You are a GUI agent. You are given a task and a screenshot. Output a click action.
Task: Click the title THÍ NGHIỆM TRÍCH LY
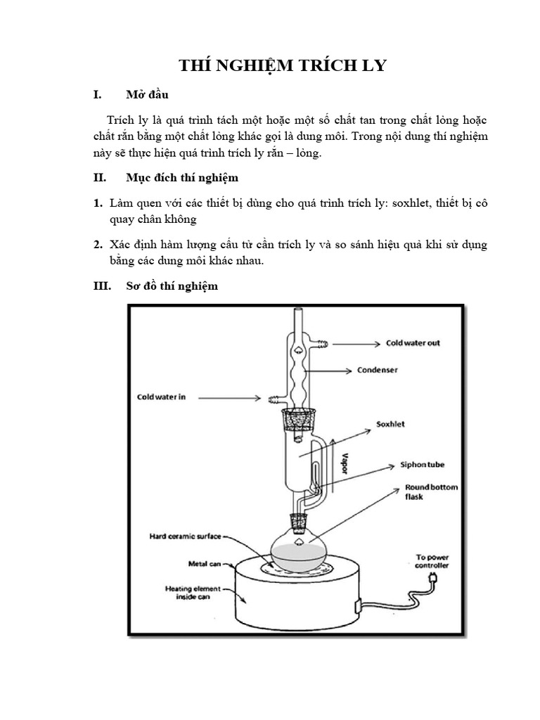tap(283, 66)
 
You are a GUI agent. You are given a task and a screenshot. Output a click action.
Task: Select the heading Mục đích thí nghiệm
tap(182, 178)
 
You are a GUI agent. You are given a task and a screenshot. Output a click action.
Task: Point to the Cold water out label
tap(413, 343)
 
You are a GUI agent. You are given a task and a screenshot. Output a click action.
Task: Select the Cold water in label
tap(161, 397)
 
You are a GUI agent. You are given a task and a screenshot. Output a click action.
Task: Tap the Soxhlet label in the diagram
tap(390, 424)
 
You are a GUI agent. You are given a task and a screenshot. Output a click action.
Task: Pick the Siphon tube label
tap(422, 465)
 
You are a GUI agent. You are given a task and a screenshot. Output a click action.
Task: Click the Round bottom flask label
tap(423, 491)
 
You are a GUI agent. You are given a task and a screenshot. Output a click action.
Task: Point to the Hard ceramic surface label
tap(184, 536)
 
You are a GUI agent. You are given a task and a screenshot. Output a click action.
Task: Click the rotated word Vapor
tap(344, 465)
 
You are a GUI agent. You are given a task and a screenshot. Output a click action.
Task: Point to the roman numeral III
tap(103, 286)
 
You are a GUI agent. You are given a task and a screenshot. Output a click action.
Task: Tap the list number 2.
tap(98, 245)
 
